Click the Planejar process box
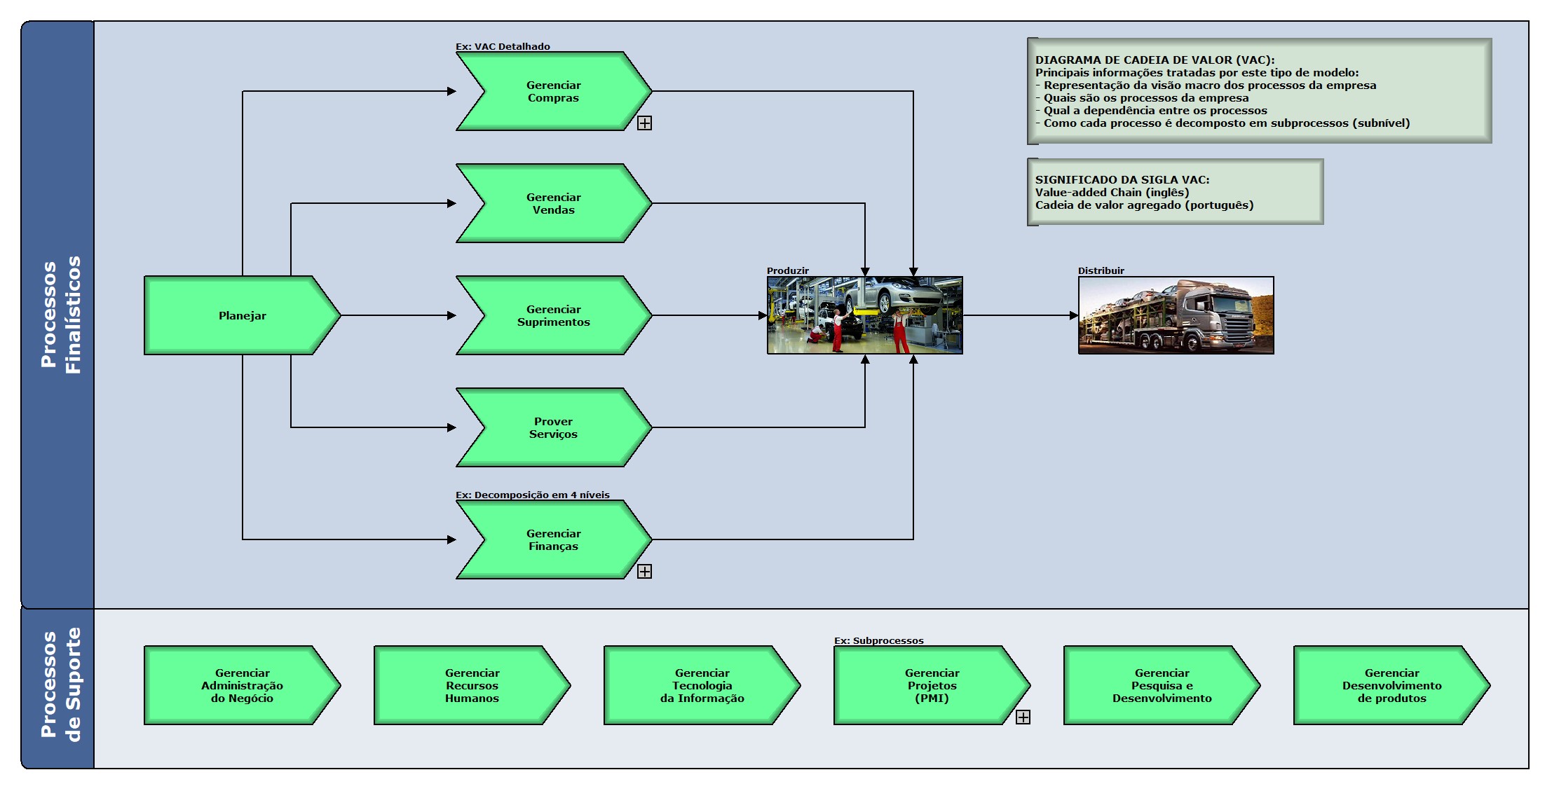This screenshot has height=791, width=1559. point(242,315)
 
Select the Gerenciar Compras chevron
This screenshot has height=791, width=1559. point(553,91)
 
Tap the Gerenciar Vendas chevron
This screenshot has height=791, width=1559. point(553,203)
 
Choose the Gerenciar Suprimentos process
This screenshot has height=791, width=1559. point(553,315)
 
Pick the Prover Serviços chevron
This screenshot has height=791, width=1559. point(553,427)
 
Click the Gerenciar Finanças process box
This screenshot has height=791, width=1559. point(553,539)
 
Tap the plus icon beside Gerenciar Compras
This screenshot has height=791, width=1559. point(644,123)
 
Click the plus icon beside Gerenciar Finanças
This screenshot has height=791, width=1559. point(644,572)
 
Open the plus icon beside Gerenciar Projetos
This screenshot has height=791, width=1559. point(1023,717)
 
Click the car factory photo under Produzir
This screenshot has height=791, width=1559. point(864,315)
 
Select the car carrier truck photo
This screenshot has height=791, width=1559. point(1176,315)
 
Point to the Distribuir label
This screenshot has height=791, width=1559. point(1101,270)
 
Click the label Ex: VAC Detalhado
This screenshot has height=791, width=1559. point(503,46)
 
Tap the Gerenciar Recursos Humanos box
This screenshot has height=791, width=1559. point(472,685)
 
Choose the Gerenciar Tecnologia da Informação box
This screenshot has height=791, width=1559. point(702,685)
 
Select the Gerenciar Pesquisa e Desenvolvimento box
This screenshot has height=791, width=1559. point(1162,685)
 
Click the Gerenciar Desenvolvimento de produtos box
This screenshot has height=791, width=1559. point(1391,685)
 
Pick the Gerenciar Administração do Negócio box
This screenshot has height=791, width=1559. point(242,685)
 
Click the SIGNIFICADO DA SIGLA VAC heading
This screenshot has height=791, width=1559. point(1122,179)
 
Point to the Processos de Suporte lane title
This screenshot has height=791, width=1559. point(60,685)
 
